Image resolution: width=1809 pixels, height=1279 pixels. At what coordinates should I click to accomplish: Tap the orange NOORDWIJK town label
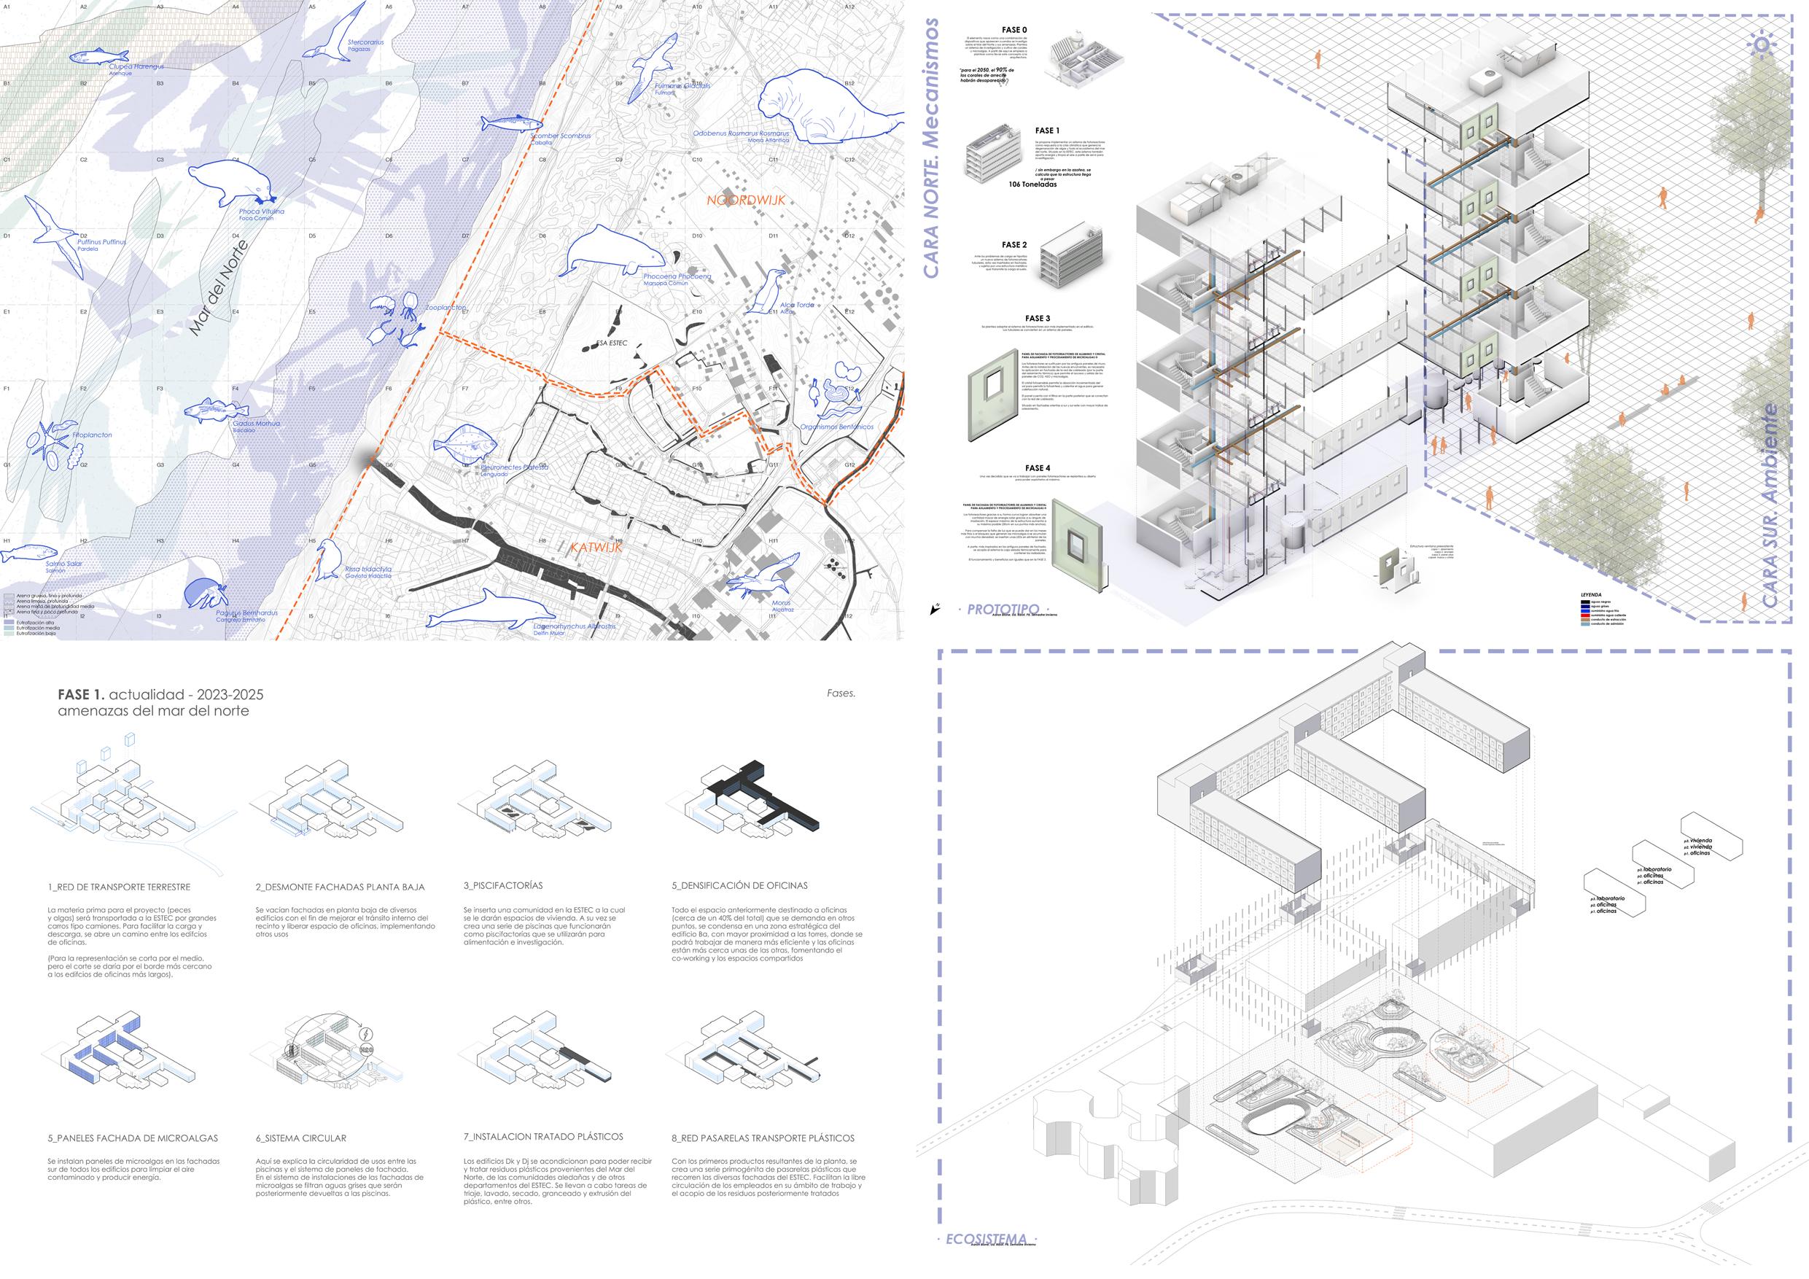point(745,201)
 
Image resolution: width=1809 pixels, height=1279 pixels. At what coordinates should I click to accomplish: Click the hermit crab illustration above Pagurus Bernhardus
point(205,595)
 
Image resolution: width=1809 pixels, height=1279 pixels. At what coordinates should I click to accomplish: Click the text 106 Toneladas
point(1033,184)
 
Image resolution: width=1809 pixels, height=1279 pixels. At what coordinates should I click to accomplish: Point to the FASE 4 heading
point(1037,468)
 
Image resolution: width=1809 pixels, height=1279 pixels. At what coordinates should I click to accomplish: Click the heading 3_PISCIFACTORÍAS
point(502,886)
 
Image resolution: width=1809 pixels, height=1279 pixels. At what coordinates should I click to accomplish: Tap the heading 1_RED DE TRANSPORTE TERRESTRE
point(119,887)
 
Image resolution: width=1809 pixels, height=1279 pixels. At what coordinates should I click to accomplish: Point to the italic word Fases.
point(841,693)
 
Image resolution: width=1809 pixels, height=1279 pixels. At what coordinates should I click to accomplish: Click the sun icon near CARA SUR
point(1760,44)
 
